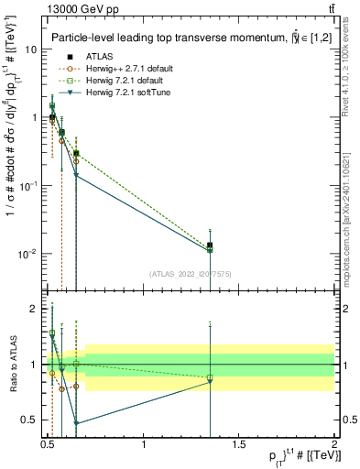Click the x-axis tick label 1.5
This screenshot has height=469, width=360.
coord(239,445)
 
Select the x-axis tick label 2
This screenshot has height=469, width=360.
coord(334,445)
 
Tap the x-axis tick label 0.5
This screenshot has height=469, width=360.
coord(49,445)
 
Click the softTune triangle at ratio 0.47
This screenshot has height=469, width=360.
coord(76,423)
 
